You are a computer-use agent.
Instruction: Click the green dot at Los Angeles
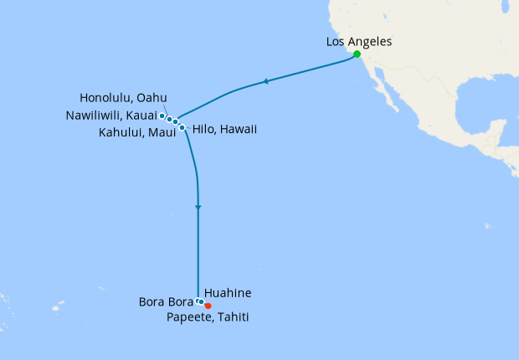[x=357, y=54]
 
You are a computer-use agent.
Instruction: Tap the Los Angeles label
[x=357, y=41]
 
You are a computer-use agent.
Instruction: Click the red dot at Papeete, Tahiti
[x=208, y=306]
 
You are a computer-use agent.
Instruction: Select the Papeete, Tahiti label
[x=207, y=317]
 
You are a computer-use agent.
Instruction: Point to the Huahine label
[x=228, y=293]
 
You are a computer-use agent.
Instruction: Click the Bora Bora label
[x=167, y=301]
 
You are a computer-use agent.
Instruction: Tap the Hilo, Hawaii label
[x=224, y=130]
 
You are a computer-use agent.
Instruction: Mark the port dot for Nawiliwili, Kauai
[x=162, y=116]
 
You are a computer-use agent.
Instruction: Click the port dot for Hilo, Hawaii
[x=182, y=127]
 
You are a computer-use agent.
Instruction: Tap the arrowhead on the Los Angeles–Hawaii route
[x=265, y=81]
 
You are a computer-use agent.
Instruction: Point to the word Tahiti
[x=231, y=317]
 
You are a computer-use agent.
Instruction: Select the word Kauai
[x=141, y=115]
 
